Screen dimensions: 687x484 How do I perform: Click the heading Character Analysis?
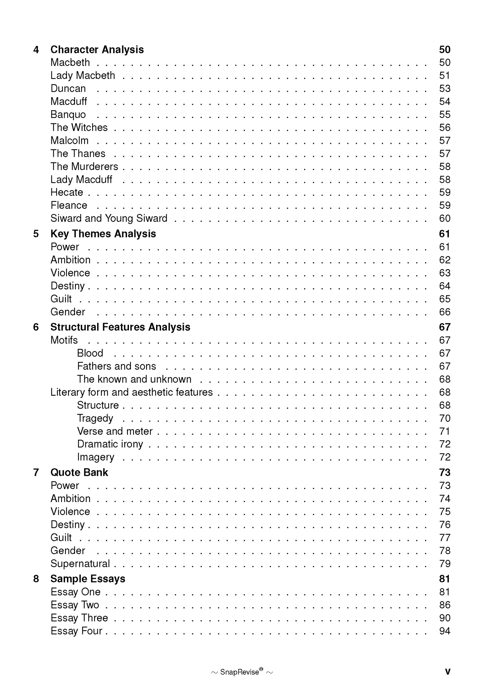(97, 50)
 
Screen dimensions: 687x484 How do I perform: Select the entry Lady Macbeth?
(82, 75)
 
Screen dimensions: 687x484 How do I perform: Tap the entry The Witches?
(79, 127)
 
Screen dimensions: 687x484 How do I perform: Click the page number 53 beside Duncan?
(444, 88)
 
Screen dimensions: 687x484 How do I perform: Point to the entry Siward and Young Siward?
(109, 218)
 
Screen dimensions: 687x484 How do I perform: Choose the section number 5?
(36, 234)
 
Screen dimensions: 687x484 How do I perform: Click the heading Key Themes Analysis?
(103, 234)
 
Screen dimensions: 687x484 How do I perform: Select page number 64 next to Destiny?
(444, 286)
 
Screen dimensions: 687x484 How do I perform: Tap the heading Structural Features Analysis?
(120, 327)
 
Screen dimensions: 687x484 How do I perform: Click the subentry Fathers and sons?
(117, 366)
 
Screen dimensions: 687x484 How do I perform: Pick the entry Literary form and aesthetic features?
(132, 392)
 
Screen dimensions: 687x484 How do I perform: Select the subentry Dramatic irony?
(110, 444)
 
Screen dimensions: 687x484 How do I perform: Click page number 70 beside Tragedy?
(444, 418)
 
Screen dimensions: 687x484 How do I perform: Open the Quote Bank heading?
(79, 472)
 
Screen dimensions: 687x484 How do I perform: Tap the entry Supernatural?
(80, 563)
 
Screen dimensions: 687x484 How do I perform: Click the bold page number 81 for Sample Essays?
(444, 579)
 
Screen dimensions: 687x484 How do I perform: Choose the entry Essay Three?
(79, 618)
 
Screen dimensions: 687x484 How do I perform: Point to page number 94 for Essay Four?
(444, 631)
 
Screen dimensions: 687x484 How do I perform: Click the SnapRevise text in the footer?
(239, 672)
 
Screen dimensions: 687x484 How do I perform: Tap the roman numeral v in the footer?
(447, 671)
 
